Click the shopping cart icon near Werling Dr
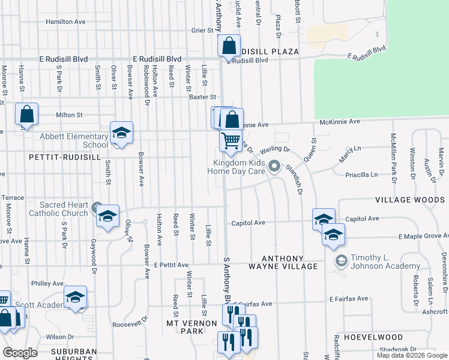(x=231, y=141)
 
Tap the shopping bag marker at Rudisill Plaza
(x=229, y=46)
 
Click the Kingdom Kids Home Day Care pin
(x=275, y=166)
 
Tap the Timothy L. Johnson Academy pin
(x=342, y=261)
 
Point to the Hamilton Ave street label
(x=66, y=22)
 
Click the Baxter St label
(x=202, y=97)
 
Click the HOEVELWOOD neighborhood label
(x=366, y=338)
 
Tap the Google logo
(x=20, y=353)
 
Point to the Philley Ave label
(x=47, y=283)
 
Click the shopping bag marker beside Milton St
(x=26, y=113)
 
